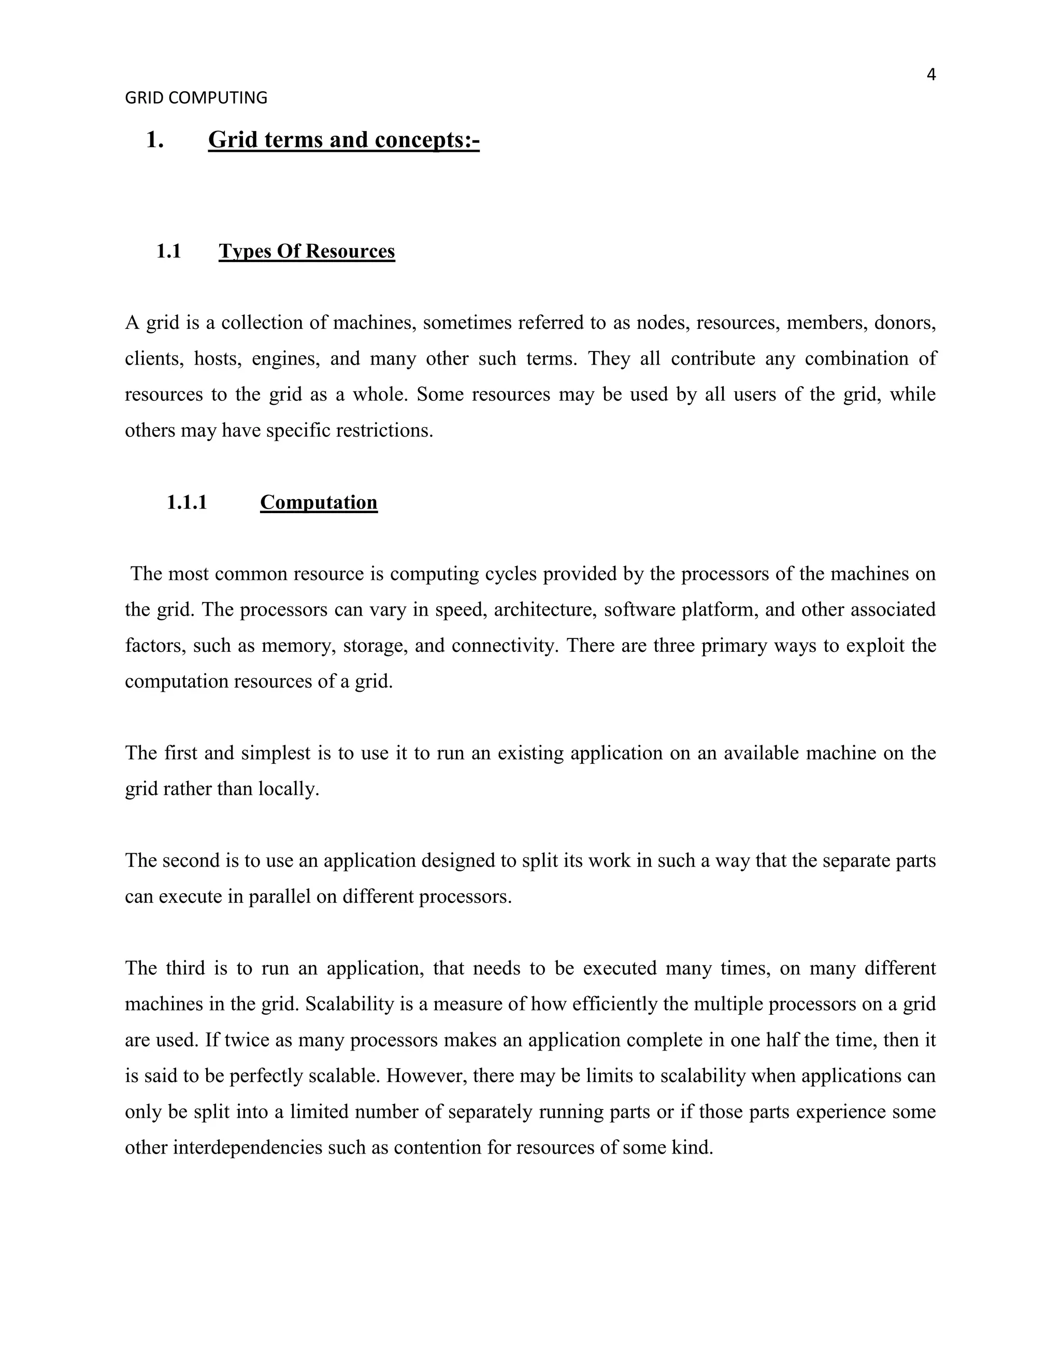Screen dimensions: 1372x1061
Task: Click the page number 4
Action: click(931, 75)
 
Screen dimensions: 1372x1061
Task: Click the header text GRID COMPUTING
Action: click(196, 98)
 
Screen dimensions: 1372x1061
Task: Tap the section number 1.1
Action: click(168, 251)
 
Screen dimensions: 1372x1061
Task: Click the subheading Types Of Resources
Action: click(307, 251)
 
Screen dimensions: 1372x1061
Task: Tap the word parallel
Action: click(280, 896)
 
